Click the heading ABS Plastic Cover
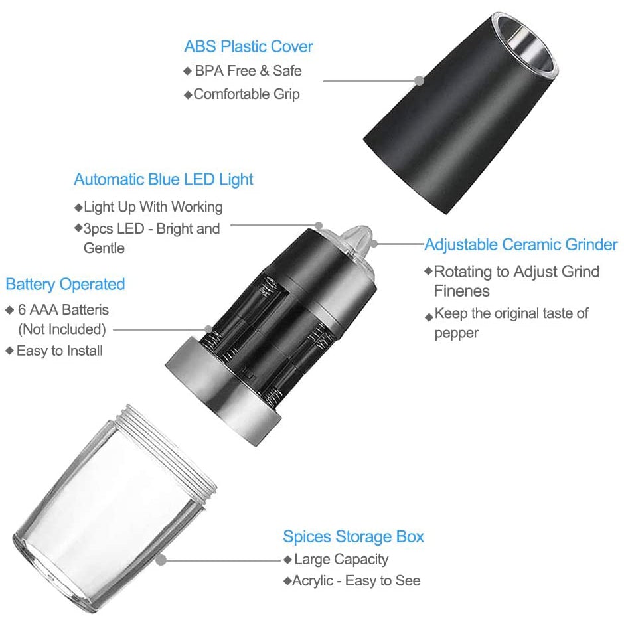tap(248, 46)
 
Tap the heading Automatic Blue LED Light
tap(163, 179)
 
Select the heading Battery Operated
tap(65, 284)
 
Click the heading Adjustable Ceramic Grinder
tap(521, 244)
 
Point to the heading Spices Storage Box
tap(353, 536)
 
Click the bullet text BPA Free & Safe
tap(248, 70)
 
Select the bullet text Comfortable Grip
tap(246, 94)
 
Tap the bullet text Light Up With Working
tap(153, 206)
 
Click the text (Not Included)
tap(62, 329)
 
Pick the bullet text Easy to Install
tap(59, 351)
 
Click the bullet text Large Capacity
tap(341, 559)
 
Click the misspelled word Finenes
tap(462, 291)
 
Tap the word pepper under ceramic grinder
tap(457, 333)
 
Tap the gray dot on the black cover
tap(420, 80)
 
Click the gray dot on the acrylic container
tap(161, 560)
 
